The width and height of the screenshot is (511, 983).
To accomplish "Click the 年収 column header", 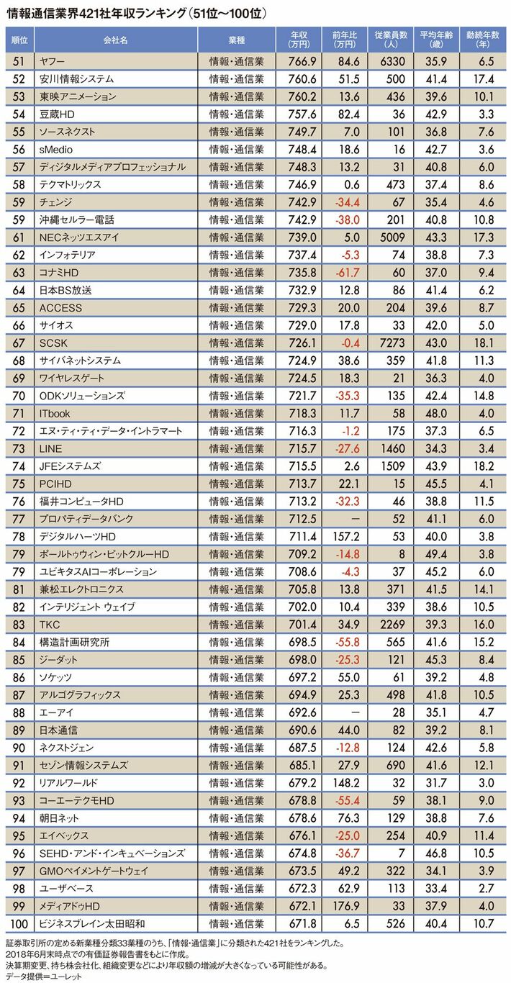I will [299, 39].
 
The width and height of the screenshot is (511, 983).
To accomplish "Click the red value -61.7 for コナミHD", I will [345, 272].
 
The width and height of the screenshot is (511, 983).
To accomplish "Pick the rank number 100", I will [19, 922].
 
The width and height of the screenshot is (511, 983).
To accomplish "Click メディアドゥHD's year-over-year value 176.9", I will [345, 905].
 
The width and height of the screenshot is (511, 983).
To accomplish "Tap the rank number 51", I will [19, 61].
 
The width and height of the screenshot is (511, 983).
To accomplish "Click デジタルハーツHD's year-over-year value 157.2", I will [345, 535].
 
